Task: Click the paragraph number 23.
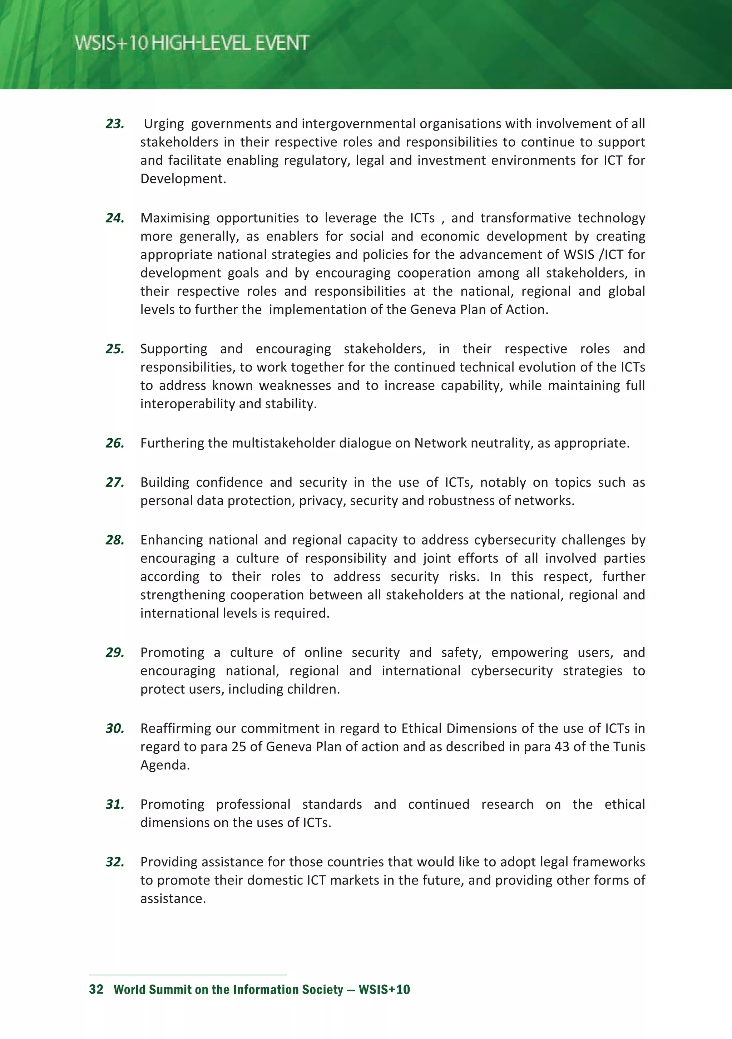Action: click(115, 124)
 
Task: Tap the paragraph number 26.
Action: click(115, 443)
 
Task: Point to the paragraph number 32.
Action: click(115, 862)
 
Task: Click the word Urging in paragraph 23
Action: click(163, 124)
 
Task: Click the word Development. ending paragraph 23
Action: click(183, 179)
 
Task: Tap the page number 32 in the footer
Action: click(96, 990)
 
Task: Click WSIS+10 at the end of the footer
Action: click(384, 990)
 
